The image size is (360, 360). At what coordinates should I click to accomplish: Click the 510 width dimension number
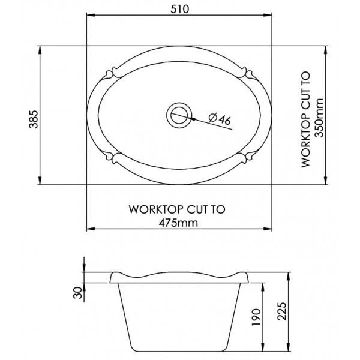180,9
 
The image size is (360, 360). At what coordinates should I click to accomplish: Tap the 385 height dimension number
34,119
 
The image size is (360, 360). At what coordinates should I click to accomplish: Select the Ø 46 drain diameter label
220,119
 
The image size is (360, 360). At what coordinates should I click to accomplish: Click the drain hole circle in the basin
179,115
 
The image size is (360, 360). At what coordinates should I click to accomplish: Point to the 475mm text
179,223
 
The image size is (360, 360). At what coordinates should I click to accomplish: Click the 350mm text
319,118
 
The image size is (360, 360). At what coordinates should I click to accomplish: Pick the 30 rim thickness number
77,293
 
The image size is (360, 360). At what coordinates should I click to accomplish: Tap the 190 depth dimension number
256,317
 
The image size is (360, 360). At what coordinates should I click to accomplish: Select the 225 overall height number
282,311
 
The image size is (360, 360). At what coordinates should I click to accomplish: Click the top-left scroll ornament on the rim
112,73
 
